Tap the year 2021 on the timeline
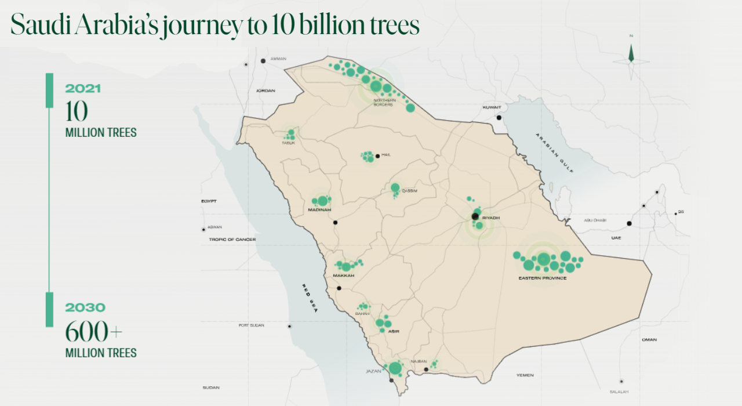pos(83,89)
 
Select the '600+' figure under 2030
pos(94,332)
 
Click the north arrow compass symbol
pos(631,56)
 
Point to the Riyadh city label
pos(490,218)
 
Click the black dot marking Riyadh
pos(475,216)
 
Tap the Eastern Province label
pos(542,278)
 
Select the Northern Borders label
pos(385,102)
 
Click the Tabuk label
pos(288,143)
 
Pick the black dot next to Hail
pos(377,155)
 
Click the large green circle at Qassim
pos(395,187)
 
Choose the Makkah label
pos(343,275)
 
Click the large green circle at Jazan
pos(395,368)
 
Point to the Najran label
pos(419,361)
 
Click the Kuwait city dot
pos(499,117)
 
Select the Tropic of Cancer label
pos(232,239)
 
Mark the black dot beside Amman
pos(263,60)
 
